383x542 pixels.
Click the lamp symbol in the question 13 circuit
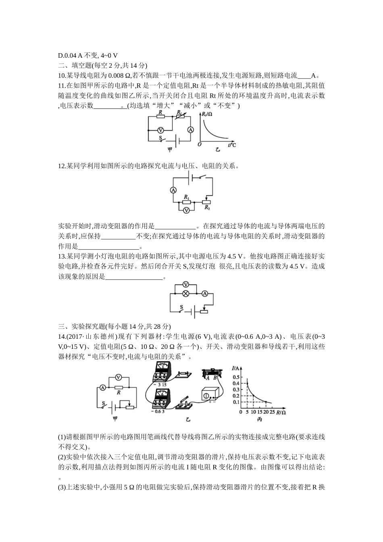(186, 294)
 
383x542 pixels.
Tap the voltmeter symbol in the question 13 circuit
(186, 284)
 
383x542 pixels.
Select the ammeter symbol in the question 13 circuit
(205, 294)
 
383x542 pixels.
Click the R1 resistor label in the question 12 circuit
(186, 196)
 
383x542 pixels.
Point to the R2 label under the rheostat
(207, 208)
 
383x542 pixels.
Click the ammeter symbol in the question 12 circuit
(173, 190)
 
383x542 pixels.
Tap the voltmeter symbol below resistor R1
(186, 210)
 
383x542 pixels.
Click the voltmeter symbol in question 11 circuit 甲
(160, 130)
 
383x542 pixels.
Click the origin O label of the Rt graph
(199, 144)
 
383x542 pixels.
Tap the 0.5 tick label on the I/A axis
(236, 377)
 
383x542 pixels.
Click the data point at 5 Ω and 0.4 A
(247, 383)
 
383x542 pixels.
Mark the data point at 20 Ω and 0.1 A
(266, 402)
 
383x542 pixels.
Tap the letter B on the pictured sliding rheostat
(216, 378)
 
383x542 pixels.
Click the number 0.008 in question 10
(119, 75)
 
